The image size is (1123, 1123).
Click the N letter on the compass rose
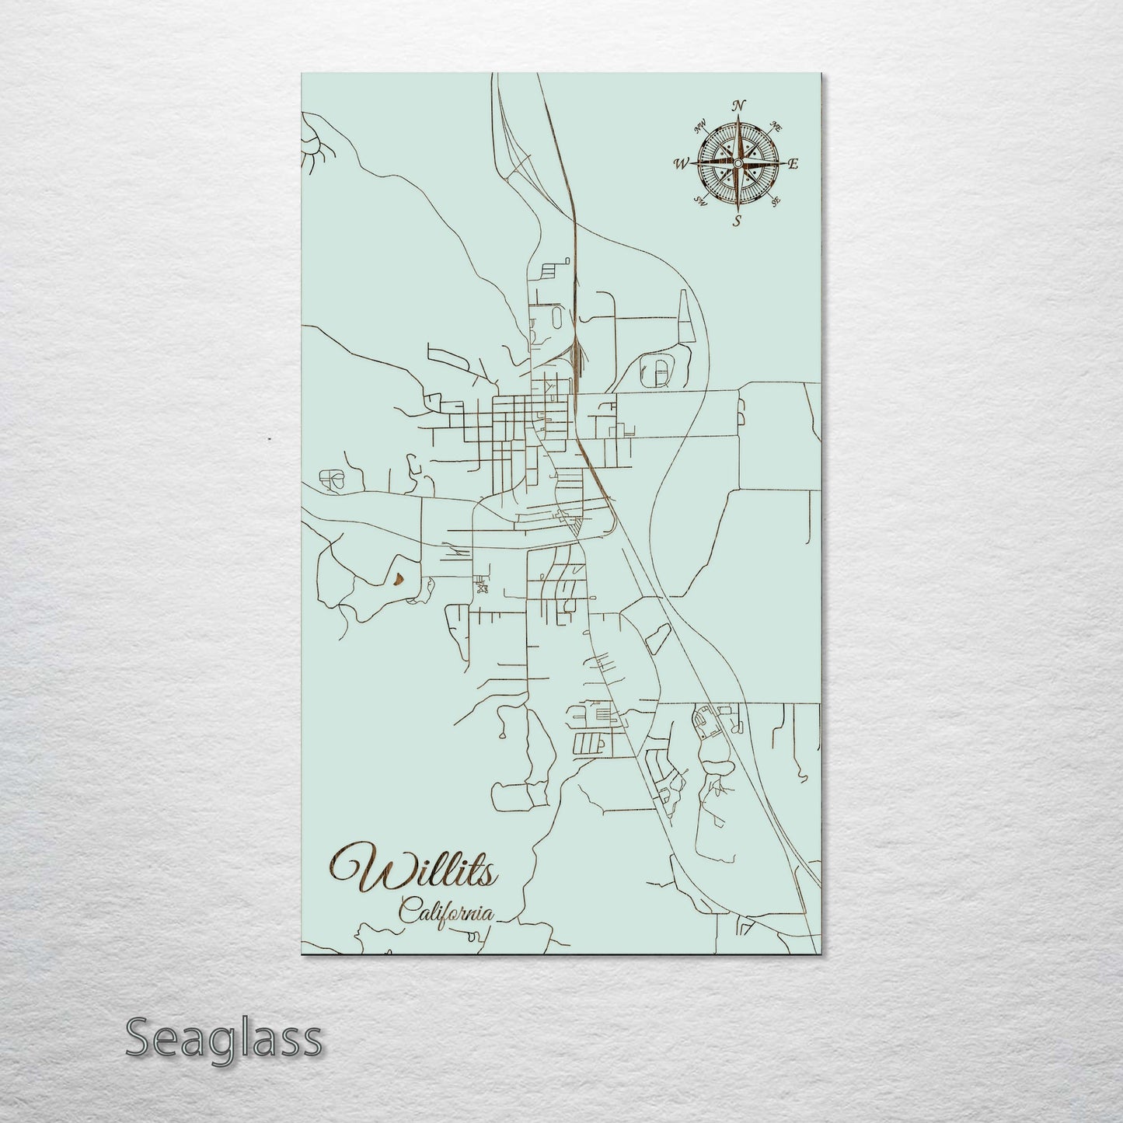[740, 106]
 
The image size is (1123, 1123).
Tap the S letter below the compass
[736, 221]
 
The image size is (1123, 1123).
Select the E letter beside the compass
[793, 163]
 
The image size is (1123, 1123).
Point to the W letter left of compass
[681, 163]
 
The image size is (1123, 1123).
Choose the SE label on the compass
[774, 201]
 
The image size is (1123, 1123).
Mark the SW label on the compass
[700, 202]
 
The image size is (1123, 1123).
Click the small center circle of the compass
[737, 162]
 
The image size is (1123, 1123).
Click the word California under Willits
[445, 911]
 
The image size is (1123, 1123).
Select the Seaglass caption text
[223, 1038]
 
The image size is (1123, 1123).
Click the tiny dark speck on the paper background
[269, 439]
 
